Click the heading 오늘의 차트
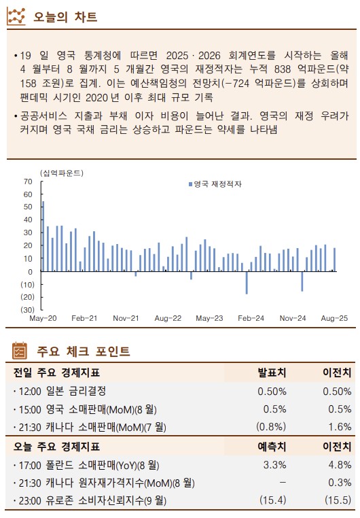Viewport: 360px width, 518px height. coord(65,16)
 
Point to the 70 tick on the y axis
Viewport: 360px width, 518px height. coord(28,182)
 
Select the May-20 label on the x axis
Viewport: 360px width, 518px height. coord(42,318)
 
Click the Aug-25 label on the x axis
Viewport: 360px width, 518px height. coord(334,318)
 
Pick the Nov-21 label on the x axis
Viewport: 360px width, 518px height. coord(126,318)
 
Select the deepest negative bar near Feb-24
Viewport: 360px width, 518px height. coord(247,283)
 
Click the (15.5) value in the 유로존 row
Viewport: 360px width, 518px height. coord(337,502)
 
